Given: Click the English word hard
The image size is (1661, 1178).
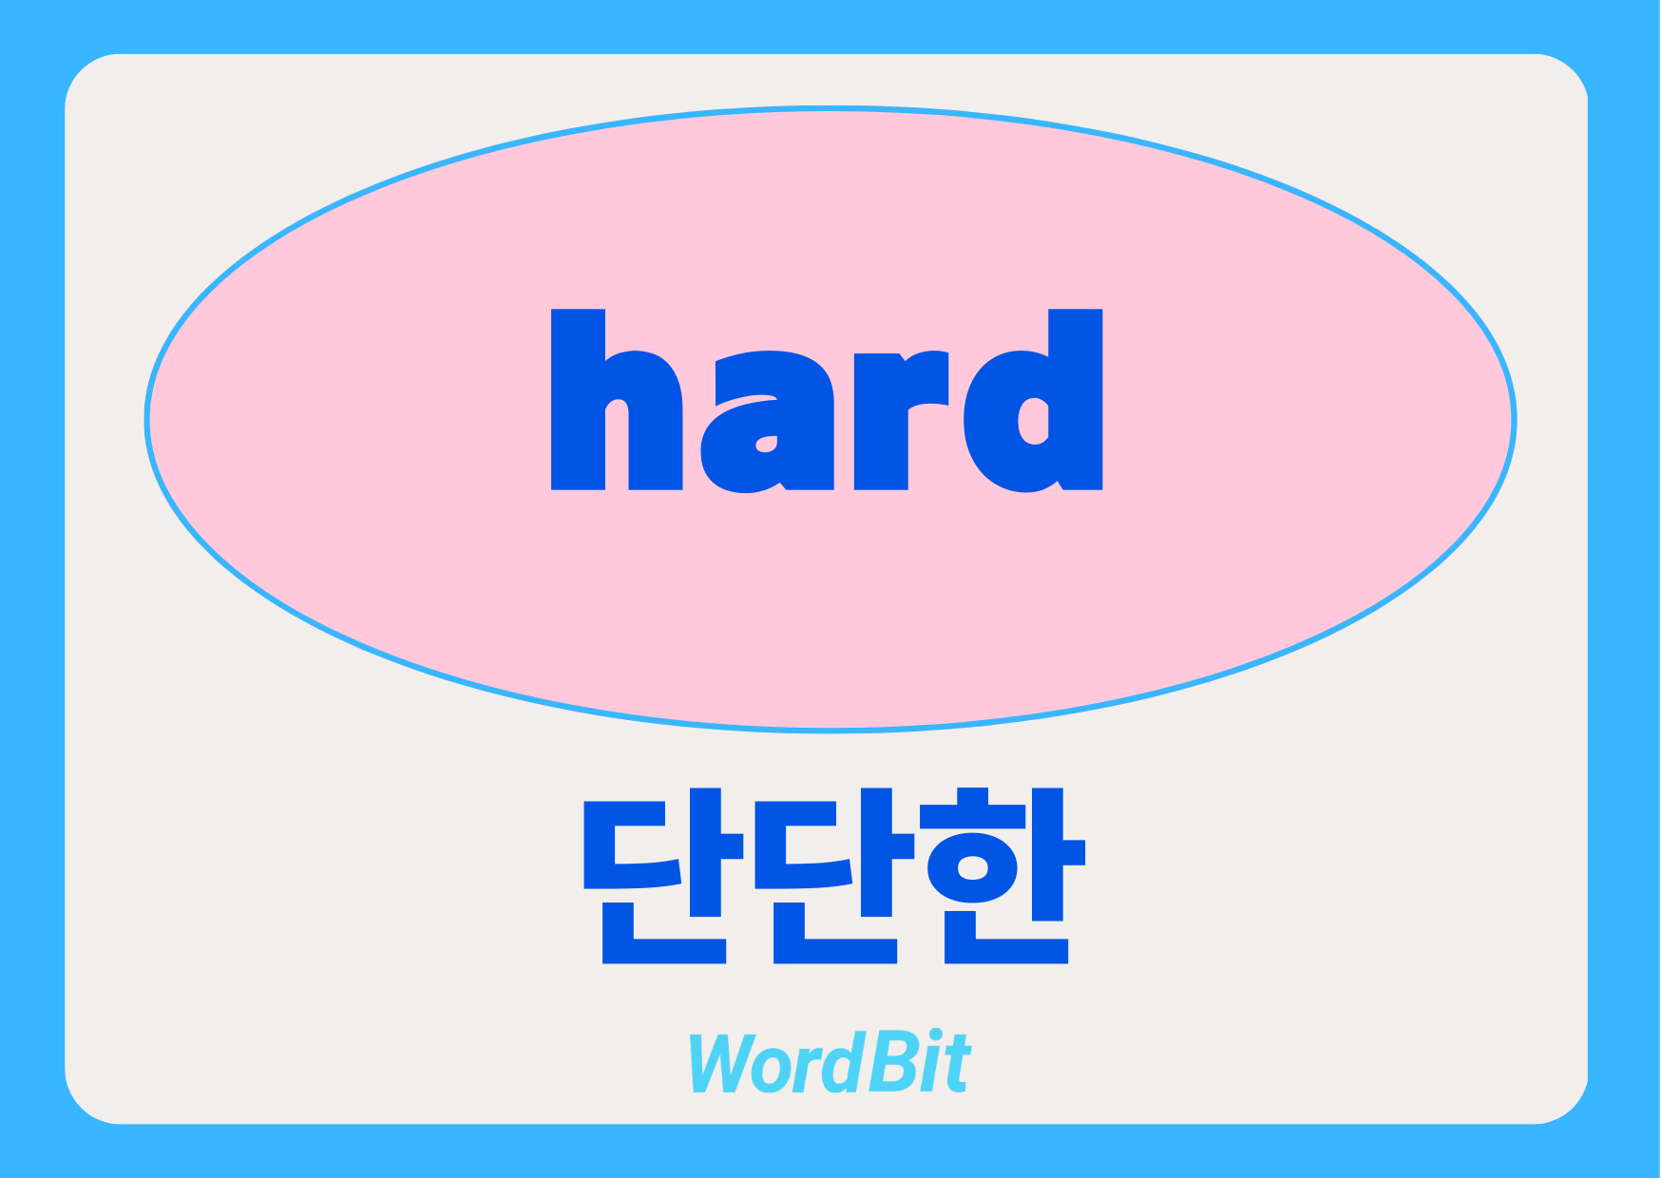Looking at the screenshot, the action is click(x=827, y=401).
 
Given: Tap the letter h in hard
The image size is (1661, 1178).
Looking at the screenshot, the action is click(x=617, y=400).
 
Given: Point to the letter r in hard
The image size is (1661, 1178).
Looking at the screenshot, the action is click(x=901, y=421).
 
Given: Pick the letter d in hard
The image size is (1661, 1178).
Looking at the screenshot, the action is click(x=1033, y=401).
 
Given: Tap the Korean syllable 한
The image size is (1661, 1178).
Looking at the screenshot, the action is click(x=1005, y=875).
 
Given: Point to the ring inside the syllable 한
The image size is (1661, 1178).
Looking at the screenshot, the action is click(x=974, y=865).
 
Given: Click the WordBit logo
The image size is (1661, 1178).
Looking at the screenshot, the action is click(x=829, y=1062).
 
